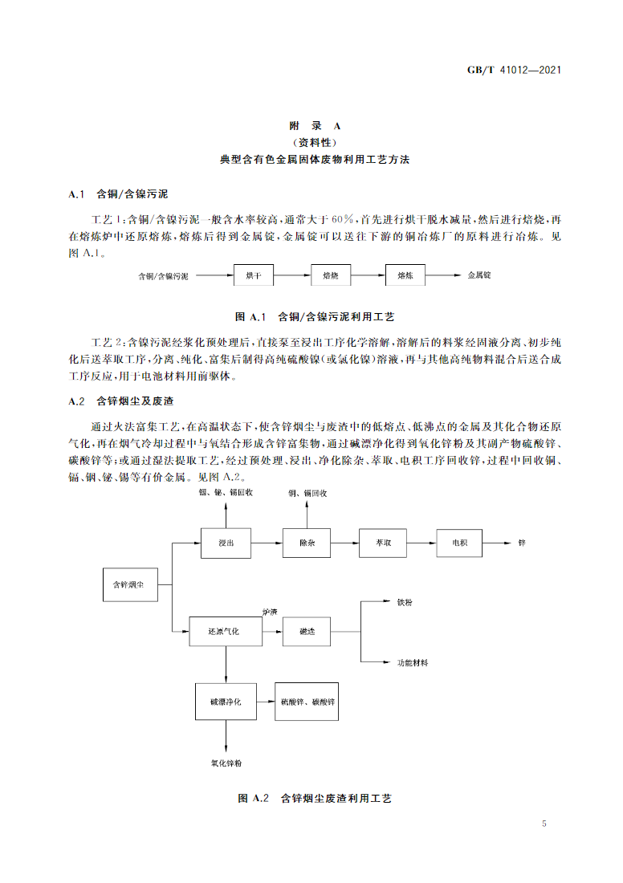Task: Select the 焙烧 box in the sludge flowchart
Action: pyautogui.click(x=330, y=275)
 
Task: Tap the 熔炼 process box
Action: pyautogui.click(x=405, y=275)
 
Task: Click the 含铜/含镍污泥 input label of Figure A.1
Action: pyautogui.click(x=163, y=276)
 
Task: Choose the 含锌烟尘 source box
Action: pyautogui.click(x=128, y=584)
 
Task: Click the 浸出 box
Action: pyautogui.click(x=226, y=543)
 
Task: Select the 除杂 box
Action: pyautogui.click(x=307, y=543)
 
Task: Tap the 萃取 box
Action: pyautogui.click(x=383, y=543)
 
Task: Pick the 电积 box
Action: pyautogui.click(x=459, y=543)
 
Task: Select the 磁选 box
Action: pyautogui.click(x=307, y=632)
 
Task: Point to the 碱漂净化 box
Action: pyautogui.click(x=226, y=701)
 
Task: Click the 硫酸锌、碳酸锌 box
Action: pyautogui.click(x=308, y=701)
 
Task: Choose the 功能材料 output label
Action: pyautogui.click(x=413, y=663)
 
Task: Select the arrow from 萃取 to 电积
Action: pyautogui.click(x=421, y=543)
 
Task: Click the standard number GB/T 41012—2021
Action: pyautogui.click(x=513, y=69)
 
